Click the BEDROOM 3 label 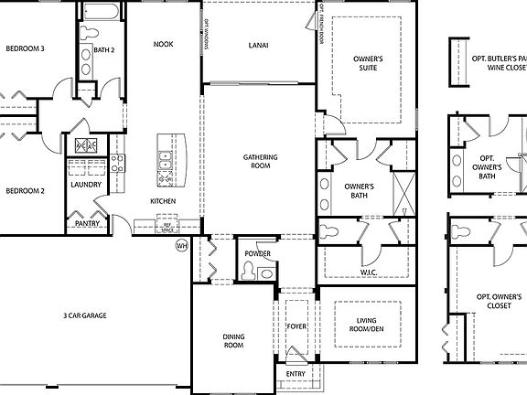point(25,48)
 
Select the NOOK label point(164,44)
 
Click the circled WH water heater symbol point(181,245)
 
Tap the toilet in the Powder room point(249,270)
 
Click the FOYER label point(296,326)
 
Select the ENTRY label point(296,373)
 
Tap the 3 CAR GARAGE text point(85,315)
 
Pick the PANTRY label point(87,222)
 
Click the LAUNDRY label point(86,184)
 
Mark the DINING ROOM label point(233,341)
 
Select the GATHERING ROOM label point(260,162)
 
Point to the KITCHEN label point(163,201)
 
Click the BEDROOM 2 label point(25,191)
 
